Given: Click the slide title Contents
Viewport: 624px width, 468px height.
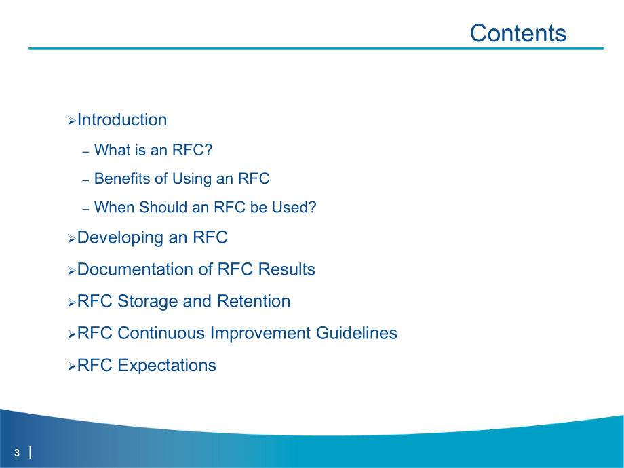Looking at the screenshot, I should [518, 33].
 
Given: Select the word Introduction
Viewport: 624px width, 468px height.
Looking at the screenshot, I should [122, 120].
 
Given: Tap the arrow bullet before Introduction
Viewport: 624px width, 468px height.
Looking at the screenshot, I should [72, 121].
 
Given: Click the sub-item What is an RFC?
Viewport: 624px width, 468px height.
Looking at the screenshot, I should [153, 150].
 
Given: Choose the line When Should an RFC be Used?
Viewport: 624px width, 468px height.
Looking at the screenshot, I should [205, 208].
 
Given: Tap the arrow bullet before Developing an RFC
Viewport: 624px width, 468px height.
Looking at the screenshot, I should [72, 239].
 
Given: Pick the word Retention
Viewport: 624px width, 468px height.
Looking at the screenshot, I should [253, 301].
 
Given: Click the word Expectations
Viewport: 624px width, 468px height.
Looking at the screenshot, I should [167, 365].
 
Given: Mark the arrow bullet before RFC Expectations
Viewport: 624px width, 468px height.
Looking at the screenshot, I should [72, 366].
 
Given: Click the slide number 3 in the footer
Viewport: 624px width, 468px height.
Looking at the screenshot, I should [17, 453].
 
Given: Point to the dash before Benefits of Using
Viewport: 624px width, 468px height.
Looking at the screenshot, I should [85, 180].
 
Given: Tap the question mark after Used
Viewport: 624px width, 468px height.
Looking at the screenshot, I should [313, 208].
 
